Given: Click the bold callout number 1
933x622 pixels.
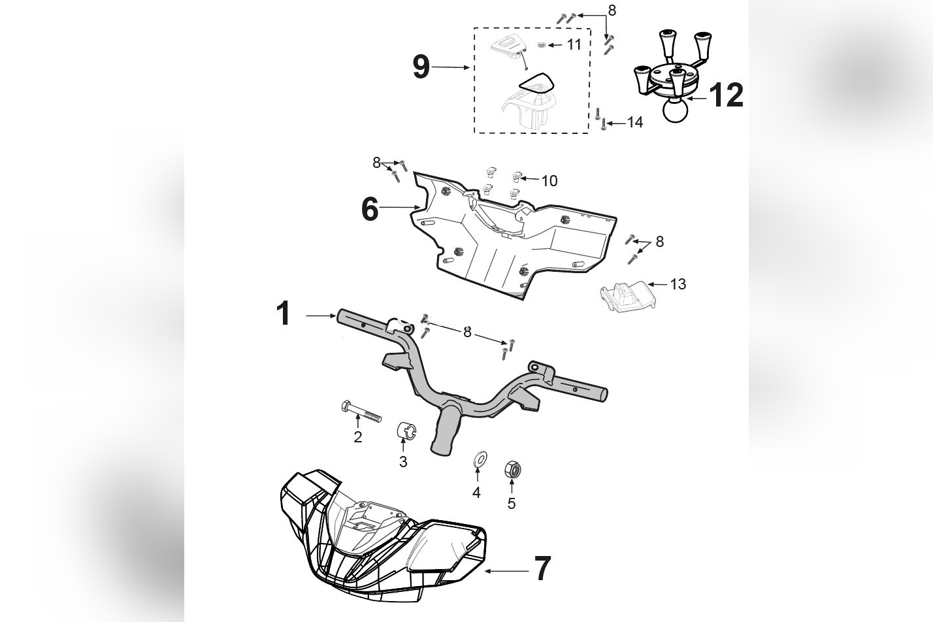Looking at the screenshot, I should click(283, 314).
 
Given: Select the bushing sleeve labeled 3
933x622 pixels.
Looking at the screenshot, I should click(406, 432).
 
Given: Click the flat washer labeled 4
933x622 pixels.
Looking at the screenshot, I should click(479, 459).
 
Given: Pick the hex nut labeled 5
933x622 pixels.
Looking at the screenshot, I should click(512, 469).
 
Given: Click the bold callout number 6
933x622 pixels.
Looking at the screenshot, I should click(370, 210).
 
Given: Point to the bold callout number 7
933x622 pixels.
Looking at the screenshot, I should click(542, 568).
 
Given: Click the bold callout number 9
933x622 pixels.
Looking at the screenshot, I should click(421, 67).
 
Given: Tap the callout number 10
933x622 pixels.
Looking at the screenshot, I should click(549, 181).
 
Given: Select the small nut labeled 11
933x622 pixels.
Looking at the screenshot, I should click(542, 44).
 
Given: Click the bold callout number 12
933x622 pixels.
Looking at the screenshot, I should click(726, 95).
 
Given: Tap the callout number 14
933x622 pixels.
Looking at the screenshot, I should click(634, 122).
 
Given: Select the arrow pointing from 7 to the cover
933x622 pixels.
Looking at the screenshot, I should click(506, 571).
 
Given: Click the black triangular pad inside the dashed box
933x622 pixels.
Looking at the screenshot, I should click(536, 83).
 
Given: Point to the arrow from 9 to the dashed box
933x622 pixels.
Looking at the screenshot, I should click(450, 67).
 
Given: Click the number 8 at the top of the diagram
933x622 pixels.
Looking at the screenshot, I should click(612, 10).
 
